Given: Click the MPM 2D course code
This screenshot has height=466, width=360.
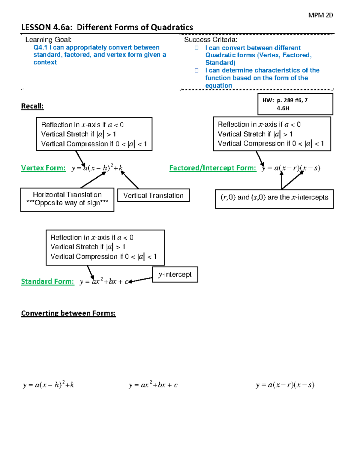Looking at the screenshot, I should click(x=320, y=15).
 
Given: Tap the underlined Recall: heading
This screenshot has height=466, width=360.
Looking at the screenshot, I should click(x=32, y=106).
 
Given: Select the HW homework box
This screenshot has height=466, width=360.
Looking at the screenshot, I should click(x=295, y=104).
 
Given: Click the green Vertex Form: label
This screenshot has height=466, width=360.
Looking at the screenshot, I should click(x=43, y=168).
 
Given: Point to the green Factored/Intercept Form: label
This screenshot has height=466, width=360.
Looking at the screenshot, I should click(x=213, y=168).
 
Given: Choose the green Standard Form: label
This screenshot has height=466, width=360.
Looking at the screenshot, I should click(x=47, y=281).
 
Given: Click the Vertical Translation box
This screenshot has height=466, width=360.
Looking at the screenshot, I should click(x=153, y=195).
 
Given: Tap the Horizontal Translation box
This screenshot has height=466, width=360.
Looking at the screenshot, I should click(x=67, y=200).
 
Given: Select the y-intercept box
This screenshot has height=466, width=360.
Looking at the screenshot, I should click(x=175, y=275).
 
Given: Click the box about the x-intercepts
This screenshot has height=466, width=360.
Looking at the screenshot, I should click(x=274, y=199).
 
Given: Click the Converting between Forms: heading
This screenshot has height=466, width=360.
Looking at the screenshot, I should click(x=68, y=313).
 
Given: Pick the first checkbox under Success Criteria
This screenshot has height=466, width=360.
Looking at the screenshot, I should click(x=196, y=48).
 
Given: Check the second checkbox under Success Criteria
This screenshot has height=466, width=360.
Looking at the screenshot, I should click(x=196, y=71).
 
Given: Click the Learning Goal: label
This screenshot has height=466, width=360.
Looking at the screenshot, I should click(x=48, y=40).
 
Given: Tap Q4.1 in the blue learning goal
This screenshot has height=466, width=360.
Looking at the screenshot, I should click(x=40, y=47).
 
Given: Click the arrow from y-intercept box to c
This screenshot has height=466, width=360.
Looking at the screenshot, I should click(x=140, y=280).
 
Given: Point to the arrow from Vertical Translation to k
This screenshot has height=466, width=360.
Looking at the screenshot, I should click(x=130, y=180).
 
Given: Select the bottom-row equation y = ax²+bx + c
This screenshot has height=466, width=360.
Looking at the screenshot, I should click(x=153, y=385).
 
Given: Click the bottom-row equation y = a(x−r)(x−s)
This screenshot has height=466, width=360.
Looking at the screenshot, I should click(x=285, y=385).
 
